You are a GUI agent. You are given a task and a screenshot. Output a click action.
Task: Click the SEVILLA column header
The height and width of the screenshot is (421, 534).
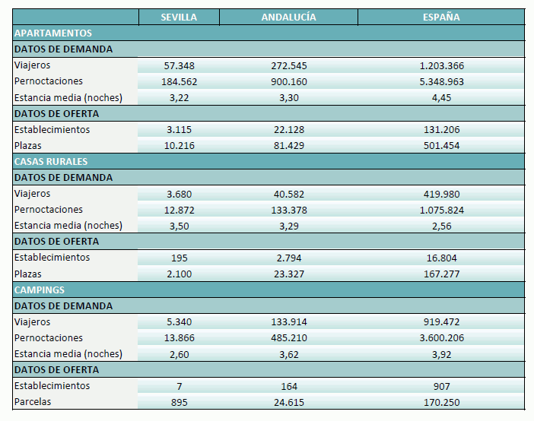[x=179, y=17]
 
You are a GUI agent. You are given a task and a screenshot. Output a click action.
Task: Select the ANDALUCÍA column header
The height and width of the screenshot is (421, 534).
[x=288, y=17]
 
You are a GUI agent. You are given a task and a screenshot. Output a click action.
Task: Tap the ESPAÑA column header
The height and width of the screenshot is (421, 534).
[x=441, y=17]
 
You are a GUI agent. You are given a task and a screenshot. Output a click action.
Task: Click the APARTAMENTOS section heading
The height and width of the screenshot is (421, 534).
[x=53, y=33]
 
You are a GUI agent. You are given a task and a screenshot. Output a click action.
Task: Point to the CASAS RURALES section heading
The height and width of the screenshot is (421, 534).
[x=51, y=162]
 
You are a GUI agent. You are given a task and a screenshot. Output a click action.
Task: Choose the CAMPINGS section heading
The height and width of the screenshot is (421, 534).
[x=40, y=290]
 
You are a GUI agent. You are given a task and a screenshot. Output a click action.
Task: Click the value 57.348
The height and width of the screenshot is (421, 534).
[x=179, y=65]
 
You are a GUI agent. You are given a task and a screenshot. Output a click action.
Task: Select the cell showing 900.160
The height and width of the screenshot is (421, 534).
[x=289, y=81]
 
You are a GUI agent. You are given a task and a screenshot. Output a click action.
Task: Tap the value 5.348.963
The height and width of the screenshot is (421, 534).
[x=441, y=81]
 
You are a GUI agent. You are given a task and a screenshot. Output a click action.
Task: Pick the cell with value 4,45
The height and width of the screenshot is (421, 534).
[x=441, y=97]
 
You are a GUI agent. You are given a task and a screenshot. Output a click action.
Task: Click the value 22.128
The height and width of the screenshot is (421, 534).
[x=289, y=130]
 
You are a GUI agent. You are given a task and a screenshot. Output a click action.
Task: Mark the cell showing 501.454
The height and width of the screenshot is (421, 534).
[x=441, y=146]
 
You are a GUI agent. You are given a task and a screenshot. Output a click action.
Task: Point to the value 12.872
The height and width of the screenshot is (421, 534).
[x=179, y=210]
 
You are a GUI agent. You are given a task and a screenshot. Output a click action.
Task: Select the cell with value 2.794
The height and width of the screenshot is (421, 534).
[x=289, y=258]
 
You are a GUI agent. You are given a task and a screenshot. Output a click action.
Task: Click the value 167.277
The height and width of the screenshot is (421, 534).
[x=441, y=274]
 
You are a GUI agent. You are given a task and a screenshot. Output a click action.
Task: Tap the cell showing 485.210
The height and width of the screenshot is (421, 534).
[x=289, y=338]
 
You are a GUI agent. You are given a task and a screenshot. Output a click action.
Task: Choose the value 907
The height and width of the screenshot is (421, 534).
[x=441, y=386]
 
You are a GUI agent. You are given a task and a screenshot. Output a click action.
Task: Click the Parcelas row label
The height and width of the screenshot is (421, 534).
[x=33, y=402]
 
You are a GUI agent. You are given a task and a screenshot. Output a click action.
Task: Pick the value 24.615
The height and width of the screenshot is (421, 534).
[x=289, y=402]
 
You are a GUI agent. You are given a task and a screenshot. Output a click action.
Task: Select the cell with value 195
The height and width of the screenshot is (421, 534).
[x=179, y=258]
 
